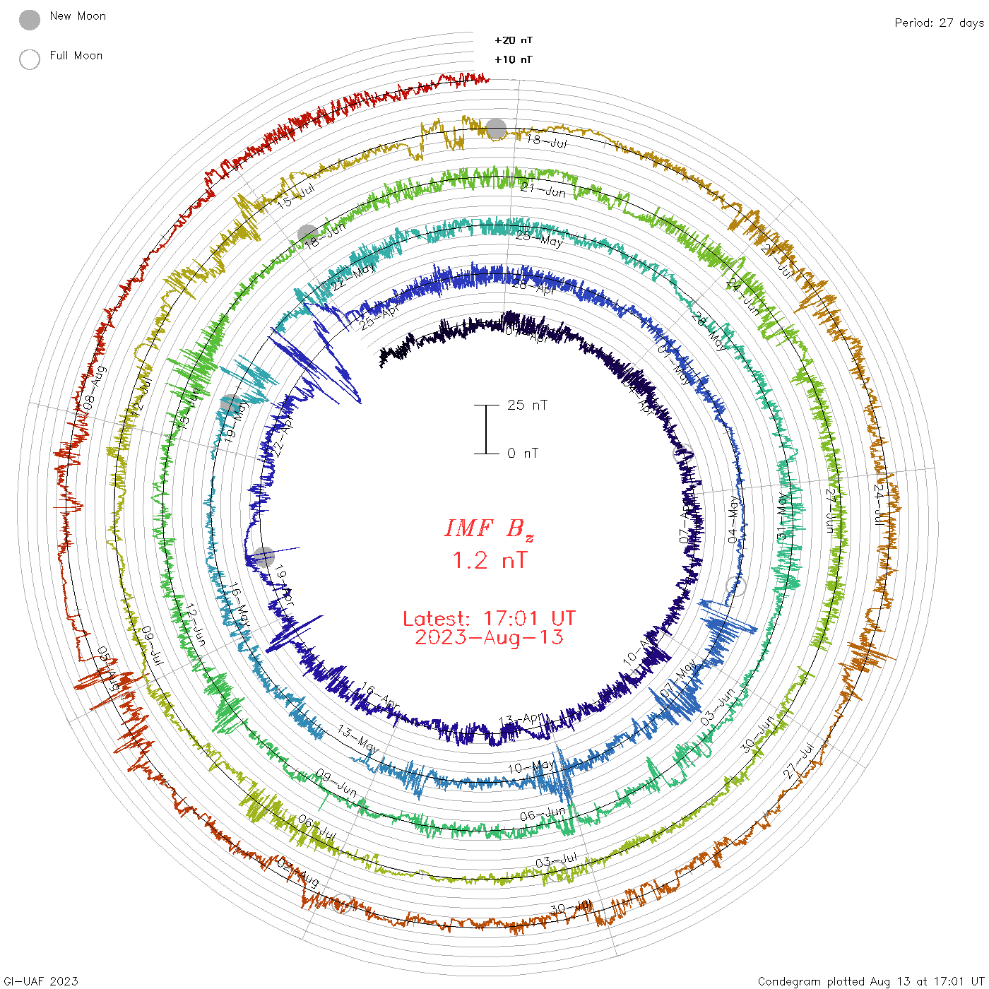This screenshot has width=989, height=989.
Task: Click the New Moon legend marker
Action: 30,20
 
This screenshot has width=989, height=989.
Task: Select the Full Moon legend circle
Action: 30,59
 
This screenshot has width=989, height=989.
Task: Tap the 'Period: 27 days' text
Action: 939,23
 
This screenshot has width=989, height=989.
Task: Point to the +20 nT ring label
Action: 514,40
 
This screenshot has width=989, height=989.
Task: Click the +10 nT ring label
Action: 514,59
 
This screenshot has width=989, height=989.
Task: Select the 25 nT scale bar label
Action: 527,405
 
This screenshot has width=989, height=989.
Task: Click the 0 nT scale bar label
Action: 523,454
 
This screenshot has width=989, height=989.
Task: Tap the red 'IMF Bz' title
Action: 489,528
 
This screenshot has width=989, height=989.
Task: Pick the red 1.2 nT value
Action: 489,561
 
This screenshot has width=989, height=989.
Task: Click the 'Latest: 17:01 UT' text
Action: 489,619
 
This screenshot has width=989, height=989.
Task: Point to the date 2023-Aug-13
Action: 489,637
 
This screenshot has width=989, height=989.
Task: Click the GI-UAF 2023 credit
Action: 40,981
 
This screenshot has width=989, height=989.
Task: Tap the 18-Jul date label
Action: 547,141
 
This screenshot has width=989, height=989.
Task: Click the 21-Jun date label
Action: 543,190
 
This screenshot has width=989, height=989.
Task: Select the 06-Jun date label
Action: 543,815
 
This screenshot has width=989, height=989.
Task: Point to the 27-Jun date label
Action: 832,509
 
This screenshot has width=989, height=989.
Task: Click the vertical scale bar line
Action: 486,429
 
